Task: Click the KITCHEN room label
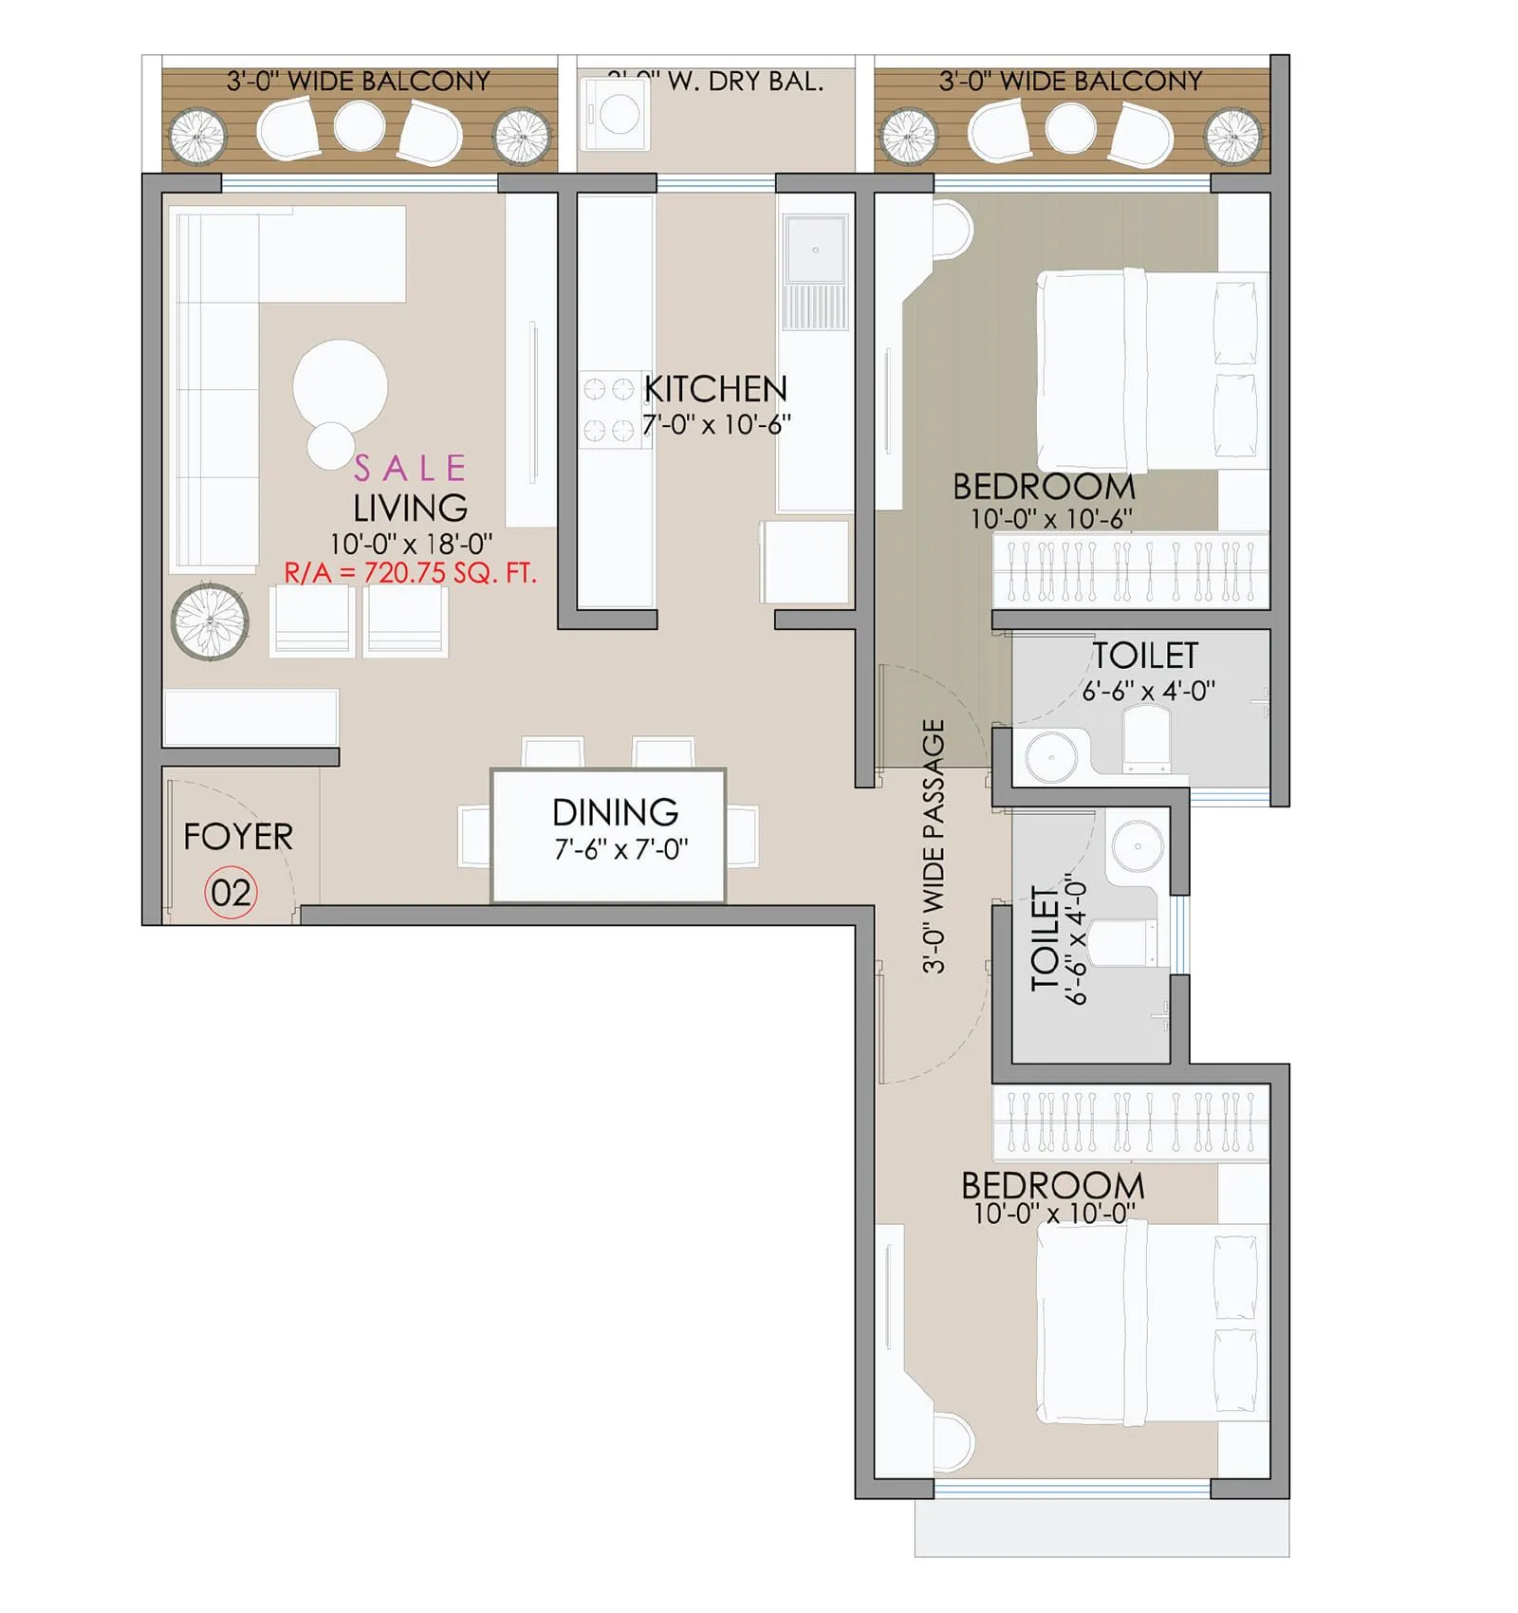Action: tap(715, 389)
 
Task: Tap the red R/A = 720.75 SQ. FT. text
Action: tap(410, 573)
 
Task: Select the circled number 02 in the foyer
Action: tap(231, 893)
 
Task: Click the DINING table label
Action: tap(615, 812)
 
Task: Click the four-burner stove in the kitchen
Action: tap(607, 409)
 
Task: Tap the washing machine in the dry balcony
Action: tap(615, 114)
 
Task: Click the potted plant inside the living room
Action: tap(210, 621)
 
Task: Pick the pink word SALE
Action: tap(410, 468)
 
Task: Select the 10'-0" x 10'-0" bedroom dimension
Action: tap(1053, 1214)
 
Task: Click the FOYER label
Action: tap(238, 837)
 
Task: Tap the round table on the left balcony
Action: tap(360, 125)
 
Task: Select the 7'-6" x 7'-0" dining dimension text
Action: tap(621, 849)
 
